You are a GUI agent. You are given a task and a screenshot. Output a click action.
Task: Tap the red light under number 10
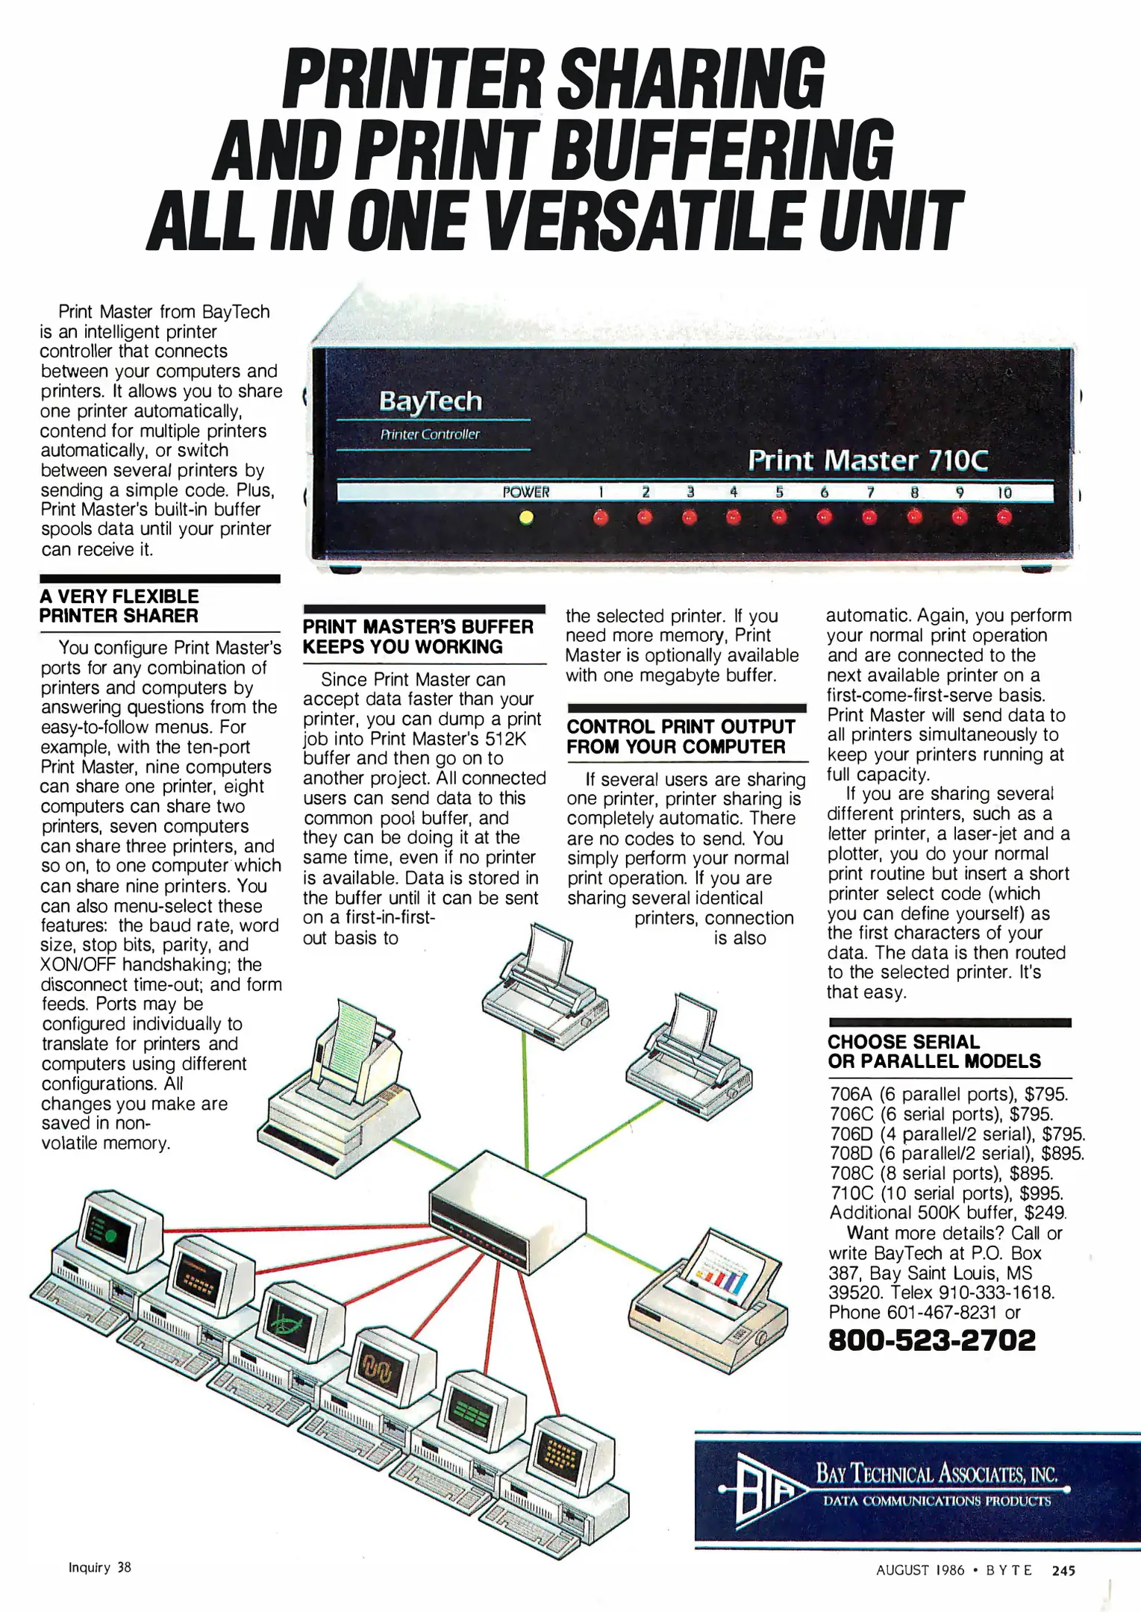[x=1004, y=516]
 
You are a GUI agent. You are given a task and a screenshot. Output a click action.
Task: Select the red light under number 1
[x=601, y=516]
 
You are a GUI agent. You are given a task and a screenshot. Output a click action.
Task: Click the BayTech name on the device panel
[x=431, y=402]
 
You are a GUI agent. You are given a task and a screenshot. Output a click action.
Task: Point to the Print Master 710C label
[x=868, y=460]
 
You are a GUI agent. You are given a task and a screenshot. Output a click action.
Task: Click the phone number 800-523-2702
[x=932, y=1340]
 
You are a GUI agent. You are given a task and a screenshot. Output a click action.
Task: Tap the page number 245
[x=1063, y=1570]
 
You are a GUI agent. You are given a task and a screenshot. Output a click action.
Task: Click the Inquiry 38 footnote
[x=99, y=1567]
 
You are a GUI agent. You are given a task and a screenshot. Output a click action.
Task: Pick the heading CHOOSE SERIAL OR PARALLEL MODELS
[x=934, y=1052]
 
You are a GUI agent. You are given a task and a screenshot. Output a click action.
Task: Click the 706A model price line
[x=948, y=1095]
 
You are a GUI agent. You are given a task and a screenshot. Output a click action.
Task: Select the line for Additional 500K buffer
[x=948, y=1213]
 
